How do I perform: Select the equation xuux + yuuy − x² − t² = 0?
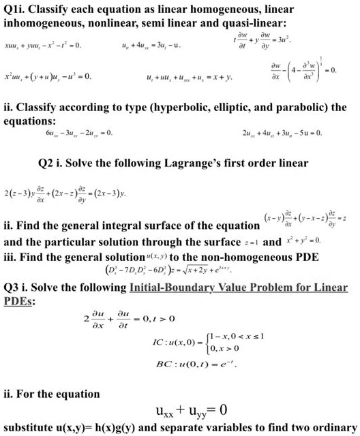(43, 46)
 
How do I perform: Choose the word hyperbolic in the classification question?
(171, 108)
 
